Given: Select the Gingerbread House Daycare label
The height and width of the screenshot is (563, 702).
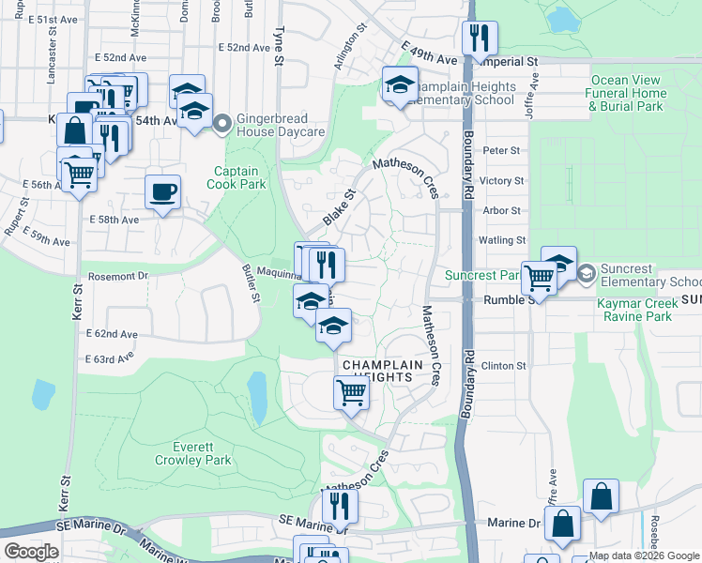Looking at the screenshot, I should point(281,125).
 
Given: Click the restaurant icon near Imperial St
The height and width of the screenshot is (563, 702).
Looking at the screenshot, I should point(480,38).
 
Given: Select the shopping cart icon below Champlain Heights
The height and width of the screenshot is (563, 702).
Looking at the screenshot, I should point(351,392).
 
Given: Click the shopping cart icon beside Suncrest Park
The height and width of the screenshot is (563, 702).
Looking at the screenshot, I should point(539,277).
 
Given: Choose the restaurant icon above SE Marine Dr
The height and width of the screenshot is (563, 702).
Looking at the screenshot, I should point(339,506).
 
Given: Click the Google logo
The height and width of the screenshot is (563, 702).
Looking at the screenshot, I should point(31,552).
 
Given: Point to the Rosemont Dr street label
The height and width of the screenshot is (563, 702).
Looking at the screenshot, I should point(118,276).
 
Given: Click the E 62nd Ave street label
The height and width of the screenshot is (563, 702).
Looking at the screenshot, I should point(111,334).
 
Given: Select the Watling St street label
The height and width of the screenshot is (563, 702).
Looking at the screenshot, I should point(501,240).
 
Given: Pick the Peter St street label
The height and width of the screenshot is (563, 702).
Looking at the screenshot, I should point(501,150).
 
